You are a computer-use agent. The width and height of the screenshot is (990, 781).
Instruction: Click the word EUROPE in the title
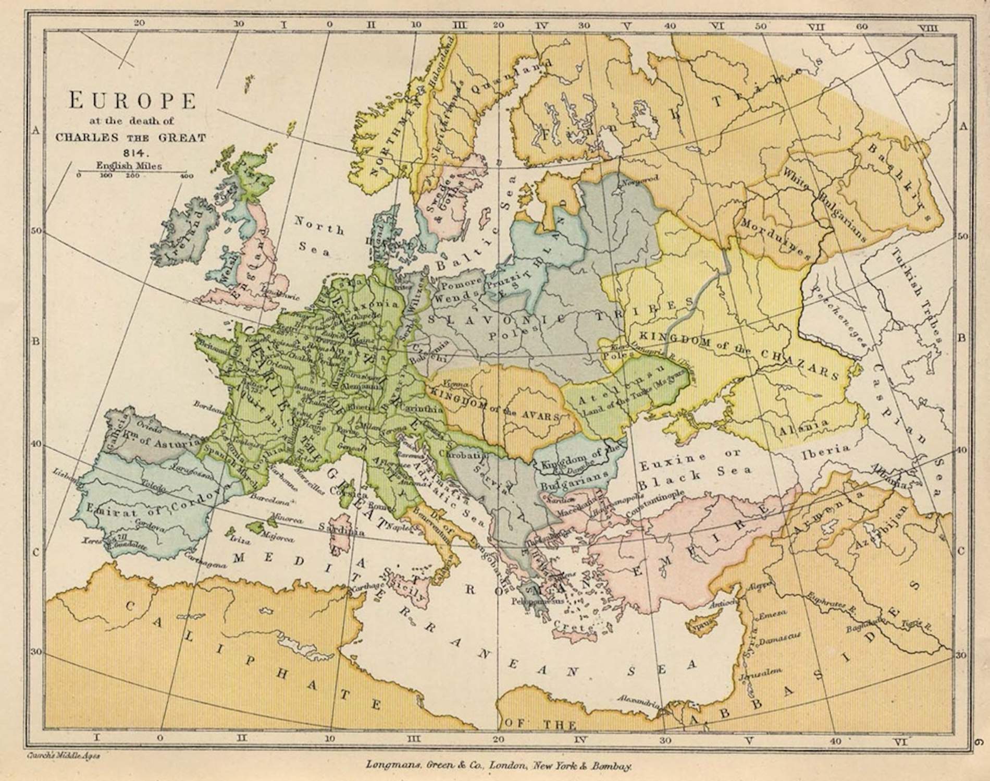click(132, 101)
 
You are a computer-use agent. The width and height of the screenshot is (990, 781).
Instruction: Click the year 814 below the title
click(137, 153)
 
